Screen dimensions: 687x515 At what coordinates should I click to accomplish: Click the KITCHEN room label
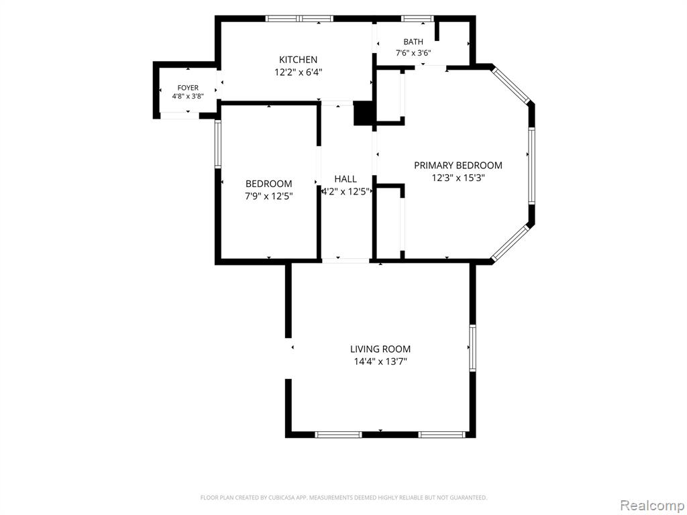pyautogui.click(x=298, y=60)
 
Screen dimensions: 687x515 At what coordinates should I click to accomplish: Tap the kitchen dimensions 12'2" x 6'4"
pyautogui.click(x=299, y=72)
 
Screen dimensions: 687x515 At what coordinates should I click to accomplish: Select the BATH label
pyautogui.click(x=413, y=42)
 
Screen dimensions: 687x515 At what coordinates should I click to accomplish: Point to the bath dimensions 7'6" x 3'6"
pyautogui.click(x=413, y=54)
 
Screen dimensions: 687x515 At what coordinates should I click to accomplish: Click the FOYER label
pyautogui.click(x=188, y=88)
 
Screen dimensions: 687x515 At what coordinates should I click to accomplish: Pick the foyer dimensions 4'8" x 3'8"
pyautogui.click(x=188, y=97)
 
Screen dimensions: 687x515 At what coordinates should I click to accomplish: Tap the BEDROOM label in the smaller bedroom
pyautogui.click(x=268, y=184)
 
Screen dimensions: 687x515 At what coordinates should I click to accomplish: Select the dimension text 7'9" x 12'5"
pyautogui.click(x=268, y=196)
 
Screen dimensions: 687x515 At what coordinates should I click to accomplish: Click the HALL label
pyautogui.click(x=346, y=179)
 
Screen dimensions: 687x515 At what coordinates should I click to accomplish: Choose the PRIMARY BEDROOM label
pyautogui.click(x=458, y=166)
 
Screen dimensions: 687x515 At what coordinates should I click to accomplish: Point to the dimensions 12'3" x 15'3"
pyautogui.click(x=458, y=178)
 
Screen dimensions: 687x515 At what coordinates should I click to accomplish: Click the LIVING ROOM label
pyautogui.click(x=380, y=349)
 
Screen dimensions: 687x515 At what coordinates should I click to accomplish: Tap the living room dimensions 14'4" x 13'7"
pyautogui.click(x=380, y=361)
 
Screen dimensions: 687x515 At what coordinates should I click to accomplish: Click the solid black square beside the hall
pyautogui.click(x=364, y=113)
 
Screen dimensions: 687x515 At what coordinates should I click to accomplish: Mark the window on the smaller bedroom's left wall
pyautogui.click(x=217, y=144)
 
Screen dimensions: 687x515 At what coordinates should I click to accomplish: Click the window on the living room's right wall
pyautogui.click(x=473, y=348)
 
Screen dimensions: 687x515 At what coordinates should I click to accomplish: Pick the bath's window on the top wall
pyautogui.click(x=417, y=19)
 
